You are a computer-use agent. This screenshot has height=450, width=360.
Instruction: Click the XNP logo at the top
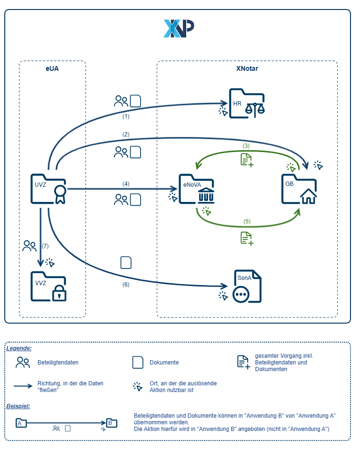[179, 29]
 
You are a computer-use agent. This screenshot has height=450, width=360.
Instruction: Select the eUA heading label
[52, 68]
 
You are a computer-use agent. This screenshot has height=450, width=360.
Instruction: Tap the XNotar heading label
[247, 68]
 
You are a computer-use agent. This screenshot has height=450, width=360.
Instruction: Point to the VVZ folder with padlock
[48, 286]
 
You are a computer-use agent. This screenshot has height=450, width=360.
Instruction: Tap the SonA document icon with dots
[247, 287]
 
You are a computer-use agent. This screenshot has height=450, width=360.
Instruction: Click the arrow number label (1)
[126, 116]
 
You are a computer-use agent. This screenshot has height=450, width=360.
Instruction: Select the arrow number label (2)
[126, 134]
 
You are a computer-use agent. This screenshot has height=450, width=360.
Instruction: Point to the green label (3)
[246, 145]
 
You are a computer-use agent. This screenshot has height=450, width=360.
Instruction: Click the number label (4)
[126, 183]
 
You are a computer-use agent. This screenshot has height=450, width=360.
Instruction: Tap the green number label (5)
[247, 221]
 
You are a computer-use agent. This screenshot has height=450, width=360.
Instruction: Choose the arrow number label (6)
[126, 285]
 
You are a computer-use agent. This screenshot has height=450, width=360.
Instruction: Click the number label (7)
[46, 246]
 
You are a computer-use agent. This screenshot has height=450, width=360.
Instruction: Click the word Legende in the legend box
[19, 348]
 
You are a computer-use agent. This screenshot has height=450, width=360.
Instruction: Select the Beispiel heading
[18, 406]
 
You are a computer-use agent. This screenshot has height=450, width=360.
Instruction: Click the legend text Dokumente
[164, 363]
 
